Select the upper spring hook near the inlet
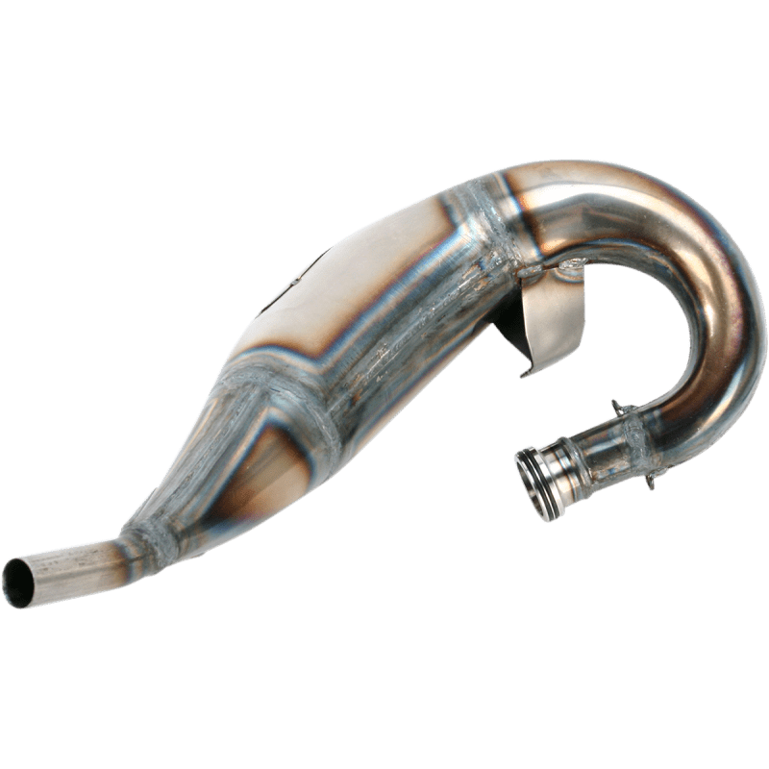615,405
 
